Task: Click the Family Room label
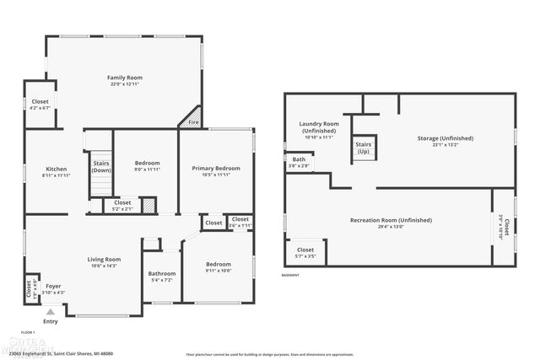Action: click(123, 78)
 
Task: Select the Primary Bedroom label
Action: click(215, 168)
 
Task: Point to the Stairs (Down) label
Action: click(101, 166)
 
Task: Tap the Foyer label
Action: click(53, 286)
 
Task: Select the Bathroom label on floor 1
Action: click(161, 273)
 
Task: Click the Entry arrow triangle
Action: click(50, 312)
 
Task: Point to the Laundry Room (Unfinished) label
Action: click(319, 127)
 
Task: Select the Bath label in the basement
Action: click(300, 159)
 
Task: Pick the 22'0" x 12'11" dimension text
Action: click(123, 84)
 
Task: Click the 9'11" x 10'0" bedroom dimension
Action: click(218, 271)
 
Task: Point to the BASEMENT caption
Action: click(290, 276)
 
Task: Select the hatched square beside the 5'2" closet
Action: click(148, 204)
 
